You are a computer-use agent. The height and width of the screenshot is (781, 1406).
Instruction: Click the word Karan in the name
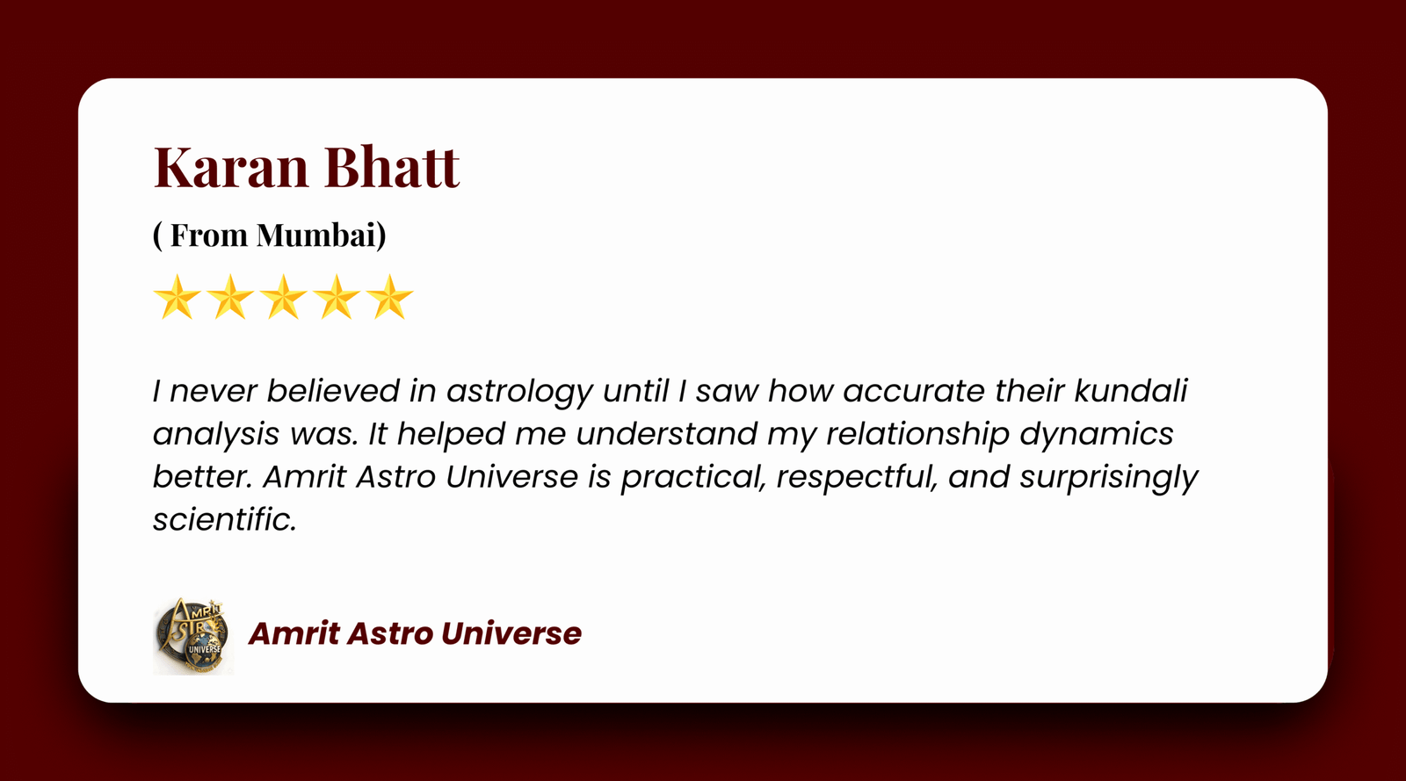(231, 167)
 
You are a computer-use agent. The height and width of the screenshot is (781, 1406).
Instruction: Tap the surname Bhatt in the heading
(392, 166)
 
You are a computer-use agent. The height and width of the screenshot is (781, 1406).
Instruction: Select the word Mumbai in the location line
(321, 235)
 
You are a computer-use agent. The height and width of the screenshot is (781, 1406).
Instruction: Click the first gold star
(177, 297)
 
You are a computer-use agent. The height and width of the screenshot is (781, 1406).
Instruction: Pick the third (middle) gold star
(283, 297)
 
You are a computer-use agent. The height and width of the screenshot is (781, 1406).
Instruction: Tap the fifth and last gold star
(389, 297)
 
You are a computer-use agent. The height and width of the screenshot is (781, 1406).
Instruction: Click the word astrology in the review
(519, 392)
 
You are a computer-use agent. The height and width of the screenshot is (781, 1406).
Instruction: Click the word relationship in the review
(917, 435)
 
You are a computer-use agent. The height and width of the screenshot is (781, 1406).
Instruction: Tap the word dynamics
(1097, 435)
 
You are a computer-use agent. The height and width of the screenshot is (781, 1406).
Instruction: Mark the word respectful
(858, 478)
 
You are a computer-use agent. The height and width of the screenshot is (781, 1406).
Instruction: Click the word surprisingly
(1109, 478)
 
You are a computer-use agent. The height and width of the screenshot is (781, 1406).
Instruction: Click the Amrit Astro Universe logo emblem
(192, 636)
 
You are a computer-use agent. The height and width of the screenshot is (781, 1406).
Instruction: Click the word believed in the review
(333, 391)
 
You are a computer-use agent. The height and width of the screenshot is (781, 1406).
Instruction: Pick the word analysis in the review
(216, 435)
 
